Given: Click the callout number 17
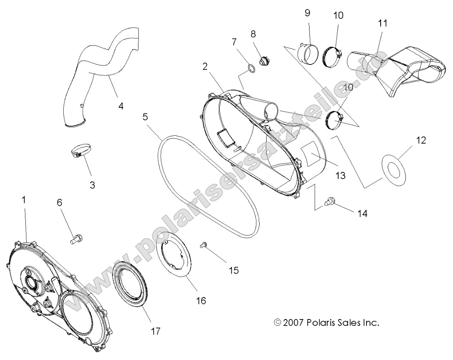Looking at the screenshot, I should [x=155, y=331].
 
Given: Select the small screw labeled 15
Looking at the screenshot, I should [x=204, y=245].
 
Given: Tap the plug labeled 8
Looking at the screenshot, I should [x=264, y=61].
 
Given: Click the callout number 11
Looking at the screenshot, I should [x=382, y=23].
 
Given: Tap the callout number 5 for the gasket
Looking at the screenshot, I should [x=145, y=117].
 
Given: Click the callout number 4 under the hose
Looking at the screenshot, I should [x=121, y=106].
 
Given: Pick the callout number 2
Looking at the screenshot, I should [x=216, y=66].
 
